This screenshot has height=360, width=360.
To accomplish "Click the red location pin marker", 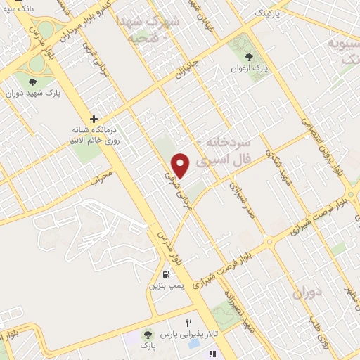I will tap(181, 166).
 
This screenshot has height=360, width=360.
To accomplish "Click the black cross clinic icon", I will tap(94, 118).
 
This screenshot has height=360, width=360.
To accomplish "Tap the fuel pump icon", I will tap(165, 275).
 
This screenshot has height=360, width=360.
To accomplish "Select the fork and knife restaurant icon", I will tap(188, 323).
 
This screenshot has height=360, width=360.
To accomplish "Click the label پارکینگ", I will tap(268, 13).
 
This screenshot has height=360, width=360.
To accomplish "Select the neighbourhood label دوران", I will tap(309, 290).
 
